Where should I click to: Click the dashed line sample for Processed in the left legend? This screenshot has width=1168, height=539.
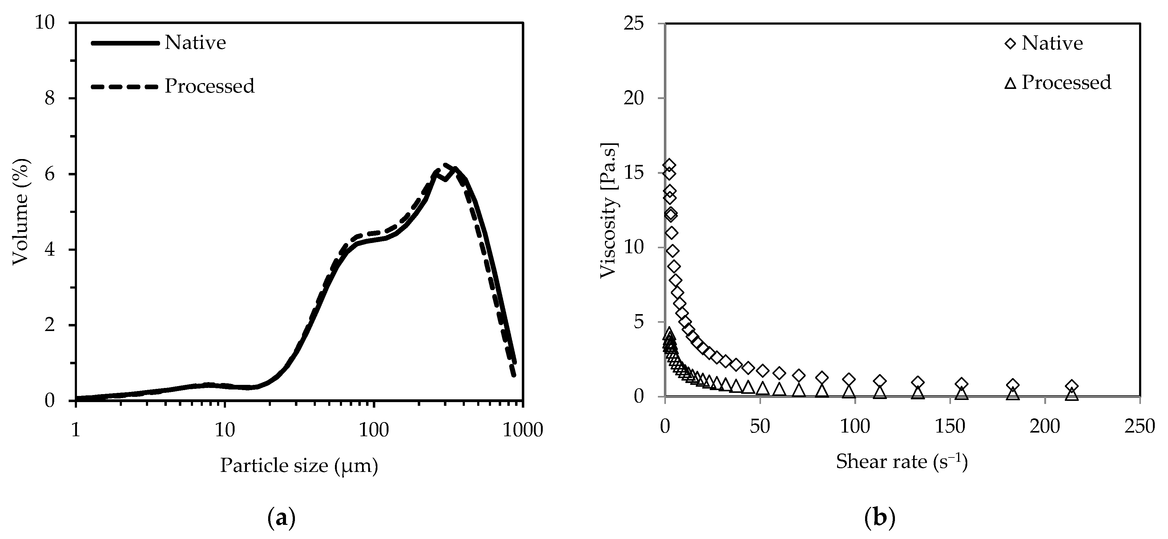[125, 86]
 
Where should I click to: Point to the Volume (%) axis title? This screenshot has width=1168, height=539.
[20, 212]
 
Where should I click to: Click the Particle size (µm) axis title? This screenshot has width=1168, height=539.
[299, 465]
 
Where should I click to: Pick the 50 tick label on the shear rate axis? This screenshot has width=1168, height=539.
[760, 426]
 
